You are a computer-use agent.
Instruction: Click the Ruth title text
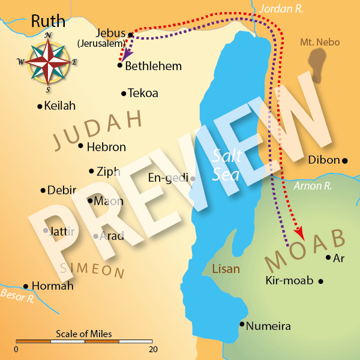click(x=47, y=22)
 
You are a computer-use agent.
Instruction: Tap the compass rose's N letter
click(x=47, y=35)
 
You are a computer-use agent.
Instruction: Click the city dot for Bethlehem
click(x=120, y=65)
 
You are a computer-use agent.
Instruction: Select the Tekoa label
click(x=143, y=93)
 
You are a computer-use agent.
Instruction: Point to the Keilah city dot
click(x=40, y=107)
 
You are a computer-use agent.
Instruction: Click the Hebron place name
click(x=106, y=147)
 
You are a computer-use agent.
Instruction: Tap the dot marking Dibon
click(x=345, y=160)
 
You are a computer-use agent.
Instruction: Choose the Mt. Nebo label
click(x=319, y=43)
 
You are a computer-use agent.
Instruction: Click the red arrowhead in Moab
click(x=298, y=233)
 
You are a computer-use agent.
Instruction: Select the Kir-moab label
click(x=289, y=280)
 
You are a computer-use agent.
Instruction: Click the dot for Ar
click(x=328, y=257)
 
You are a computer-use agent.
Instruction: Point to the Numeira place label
click(x=269, y=326)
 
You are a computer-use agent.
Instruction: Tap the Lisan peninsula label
click(x=226, y=269)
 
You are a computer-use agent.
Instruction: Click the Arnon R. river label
click(x=313, y=186)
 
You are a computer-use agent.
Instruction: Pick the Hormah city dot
click(x=26, y=287)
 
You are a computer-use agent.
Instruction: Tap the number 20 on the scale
click(x=153, y=349)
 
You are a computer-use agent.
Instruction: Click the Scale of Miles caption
click(x=84, y=334)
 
